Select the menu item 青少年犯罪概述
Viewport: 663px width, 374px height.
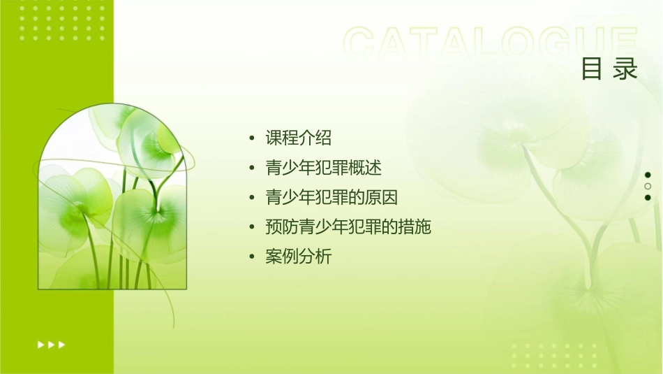[x=323, y=168]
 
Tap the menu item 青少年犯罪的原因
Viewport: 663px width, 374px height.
[x=331, y=198]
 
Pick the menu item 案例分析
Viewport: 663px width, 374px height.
[x=298, y=257]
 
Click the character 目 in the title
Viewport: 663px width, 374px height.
[x=592, y=69]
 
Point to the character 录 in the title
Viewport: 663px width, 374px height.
[x=626, y=69]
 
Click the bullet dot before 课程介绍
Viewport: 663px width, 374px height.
[x=252, y=138]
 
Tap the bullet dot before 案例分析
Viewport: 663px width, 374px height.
[x=252, y=257]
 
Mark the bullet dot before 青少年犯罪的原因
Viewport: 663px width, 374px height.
[x=252, y=198]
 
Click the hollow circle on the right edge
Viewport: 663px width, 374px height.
[x=648, y=186]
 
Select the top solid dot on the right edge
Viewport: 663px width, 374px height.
[x=648, y=175]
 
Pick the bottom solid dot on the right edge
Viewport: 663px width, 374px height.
[x=648, y=198]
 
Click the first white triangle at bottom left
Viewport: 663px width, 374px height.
[x=40, y=344]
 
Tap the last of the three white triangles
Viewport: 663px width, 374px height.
[x=62, y=344]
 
